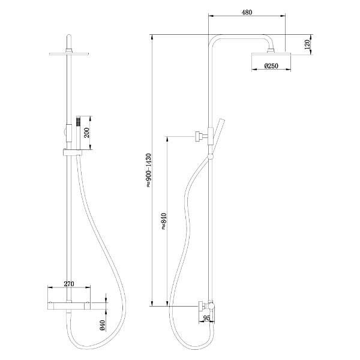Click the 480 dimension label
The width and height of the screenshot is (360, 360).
pyautogui.click(x=247, y=13)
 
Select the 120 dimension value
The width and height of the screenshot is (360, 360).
pyautogui.click(x=307, y=44)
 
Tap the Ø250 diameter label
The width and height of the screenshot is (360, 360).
pyautogui.click(x=271, y=66)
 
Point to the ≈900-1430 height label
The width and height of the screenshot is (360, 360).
pyautogui.click(x=149, y=170)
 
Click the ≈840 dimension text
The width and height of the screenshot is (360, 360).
pyautogui.click(x=163, y=221)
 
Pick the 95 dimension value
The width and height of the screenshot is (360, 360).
pyautogui.click(x=206, y=318)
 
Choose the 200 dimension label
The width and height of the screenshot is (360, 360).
pyautogui.click(x=87, y=133)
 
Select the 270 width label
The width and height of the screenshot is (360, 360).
pyautogui.click(x=69, y=284)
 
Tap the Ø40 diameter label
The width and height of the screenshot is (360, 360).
pyautogui.click(x=103, y=325)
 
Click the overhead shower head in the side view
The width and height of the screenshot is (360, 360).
pyautogui.click(x=271, y=54)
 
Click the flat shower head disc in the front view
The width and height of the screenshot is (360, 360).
pyautogui.click(x=69, y=54)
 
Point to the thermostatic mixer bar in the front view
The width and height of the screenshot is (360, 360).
pyautogui.click(x=69, y=305)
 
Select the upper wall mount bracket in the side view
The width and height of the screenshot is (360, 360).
pyautogui.click(x=202, y=136)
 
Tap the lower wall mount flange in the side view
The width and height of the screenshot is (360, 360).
pyautogui.click(x=202, y=306)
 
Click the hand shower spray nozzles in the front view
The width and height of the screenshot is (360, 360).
pyautogui.click(x=78, y=121)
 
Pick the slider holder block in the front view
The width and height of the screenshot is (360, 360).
pyautogui.click(x=72, y=152)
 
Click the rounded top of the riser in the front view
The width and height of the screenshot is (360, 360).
pyautogui.click(x=69, y=38)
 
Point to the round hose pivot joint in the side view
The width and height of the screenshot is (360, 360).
pyautogui.click(x=211, y=157)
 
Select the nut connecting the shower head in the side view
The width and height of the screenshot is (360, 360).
pyautogui.click(x=271, y=50)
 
